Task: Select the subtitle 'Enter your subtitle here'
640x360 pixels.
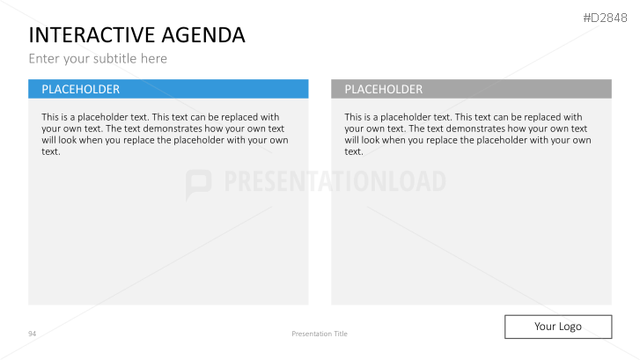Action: (x=98, y=59)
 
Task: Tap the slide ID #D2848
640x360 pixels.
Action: (x=609, y=16)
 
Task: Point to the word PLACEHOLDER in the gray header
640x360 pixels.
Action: (x=384, y=89)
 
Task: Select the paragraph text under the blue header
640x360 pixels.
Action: (x=165, y=134)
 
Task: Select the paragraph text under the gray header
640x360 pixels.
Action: (x=467, y=134)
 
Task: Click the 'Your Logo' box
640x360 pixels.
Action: (x=557, y=327)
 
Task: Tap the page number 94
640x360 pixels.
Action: (x=32, y=334)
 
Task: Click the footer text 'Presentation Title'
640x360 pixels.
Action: (x=320, y=334)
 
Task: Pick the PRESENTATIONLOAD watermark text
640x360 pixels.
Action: (x=335, y=182)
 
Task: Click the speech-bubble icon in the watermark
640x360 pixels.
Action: (x=199, y=183)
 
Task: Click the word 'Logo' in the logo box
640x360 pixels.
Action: (x=570, y=327)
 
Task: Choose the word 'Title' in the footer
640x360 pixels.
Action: (x=339, y=334)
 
